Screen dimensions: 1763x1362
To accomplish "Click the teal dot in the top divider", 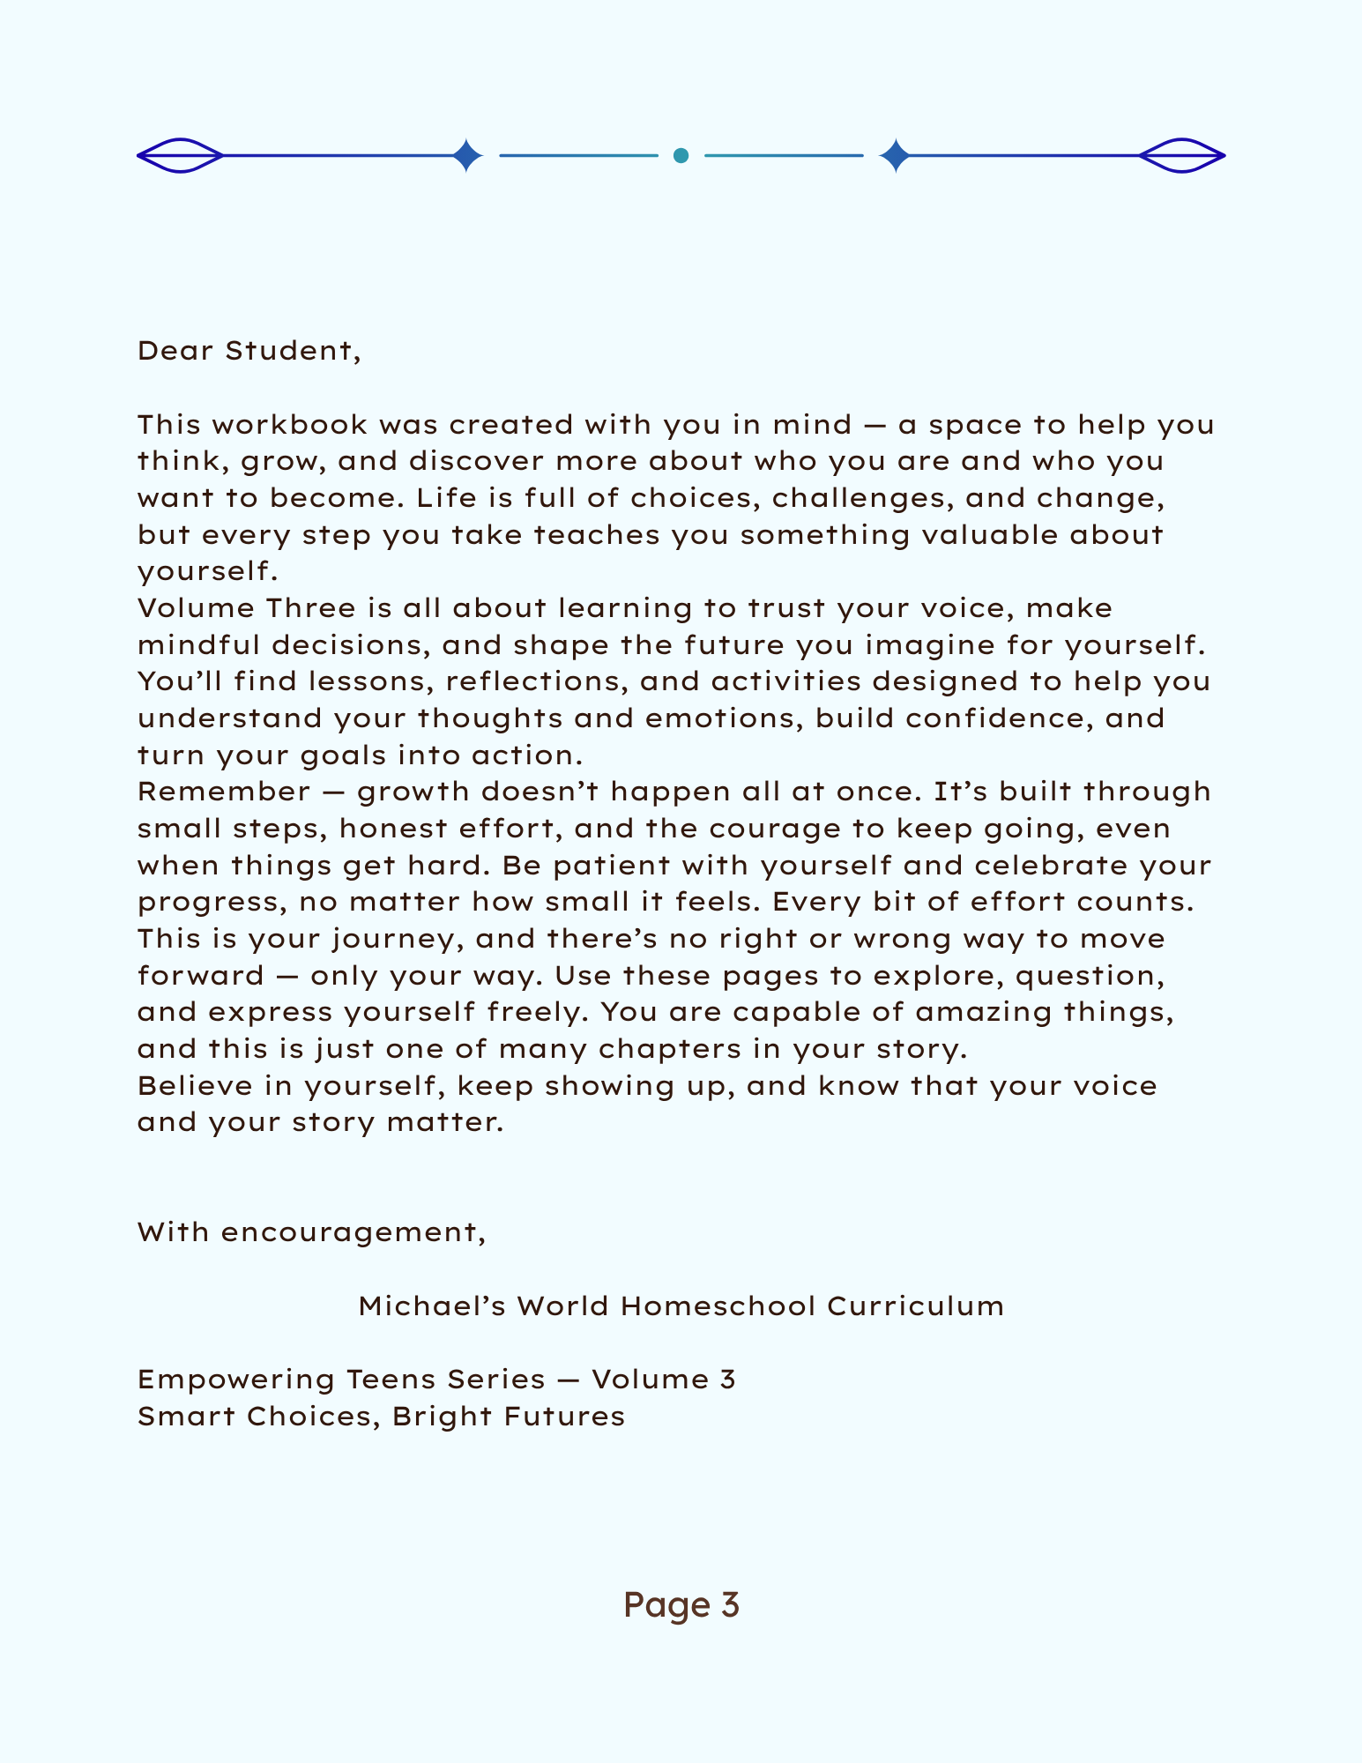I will pos(681,156).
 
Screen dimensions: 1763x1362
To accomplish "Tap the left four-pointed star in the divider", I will pos(467,156).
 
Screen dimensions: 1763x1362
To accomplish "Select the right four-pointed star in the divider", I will pos(896,156).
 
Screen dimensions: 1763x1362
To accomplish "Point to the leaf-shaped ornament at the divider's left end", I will pos(181,156).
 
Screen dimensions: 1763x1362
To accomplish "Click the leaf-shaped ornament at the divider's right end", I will pos(1181,156).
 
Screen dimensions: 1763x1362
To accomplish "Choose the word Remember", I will pos(224,792).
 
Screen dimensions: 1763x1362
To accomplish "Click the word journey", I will pos(398,939).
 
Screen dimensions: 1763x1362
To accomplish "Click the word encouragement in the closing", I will pos(353,1232).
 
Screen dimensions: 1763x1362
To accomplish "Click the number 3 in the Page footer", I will pos(729,1605).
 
